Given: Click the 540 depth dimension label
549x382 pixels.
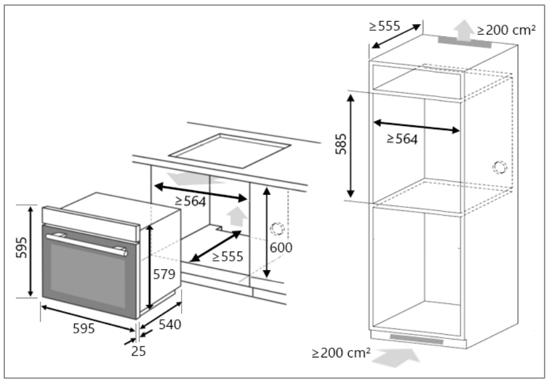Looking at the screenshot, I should click(169, 324).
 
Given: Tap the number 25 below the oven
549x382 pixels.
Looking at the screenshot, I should click(138, 352).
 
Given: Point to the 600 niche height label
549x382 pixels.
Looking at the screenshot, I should click(280, 248).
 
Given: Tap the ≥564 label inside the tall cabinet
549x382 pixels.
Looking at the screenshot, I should click(402, 140).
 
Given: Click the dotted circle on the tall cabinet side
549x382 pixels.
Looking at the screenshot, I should click(500, 167).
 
